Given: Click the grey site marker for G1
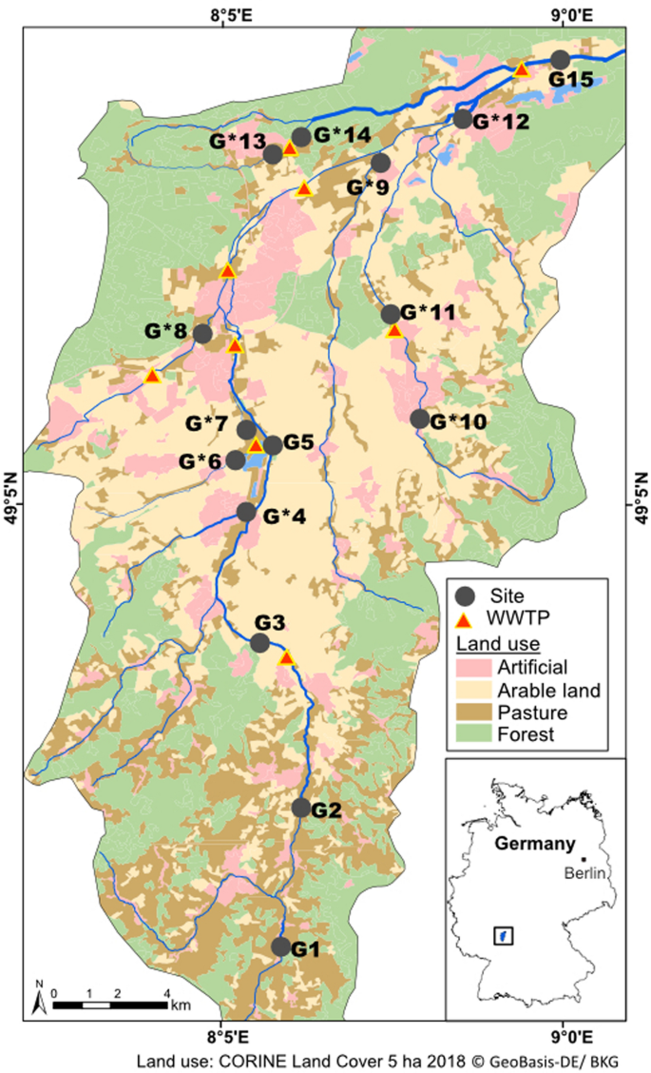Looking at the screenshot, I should pos(280,946).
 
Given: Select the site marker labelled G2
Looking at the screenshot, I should pos(301,808).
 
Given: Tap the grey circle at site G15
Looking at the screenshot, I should pos(561,60).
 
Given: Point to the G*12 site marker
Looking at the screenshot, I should pos(463,119).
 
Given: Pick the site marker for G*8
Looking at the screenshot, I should pos(201,333).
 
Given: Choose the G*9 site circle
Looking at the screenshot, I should pos(381,163).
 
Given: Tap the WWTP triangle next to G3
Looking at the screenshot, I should pos(285,658).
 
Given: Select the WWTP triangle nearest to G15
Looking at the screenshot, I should pos(521,69).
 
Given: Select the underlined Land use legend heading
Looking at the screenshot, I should pos(493,644).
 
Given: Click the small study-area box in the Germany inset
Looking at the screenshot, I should pos(504,935).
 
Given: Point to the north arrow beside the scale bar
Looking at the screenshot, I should pos(40,998).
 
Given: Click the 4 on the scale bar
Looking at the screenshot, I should pos(167,993).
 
